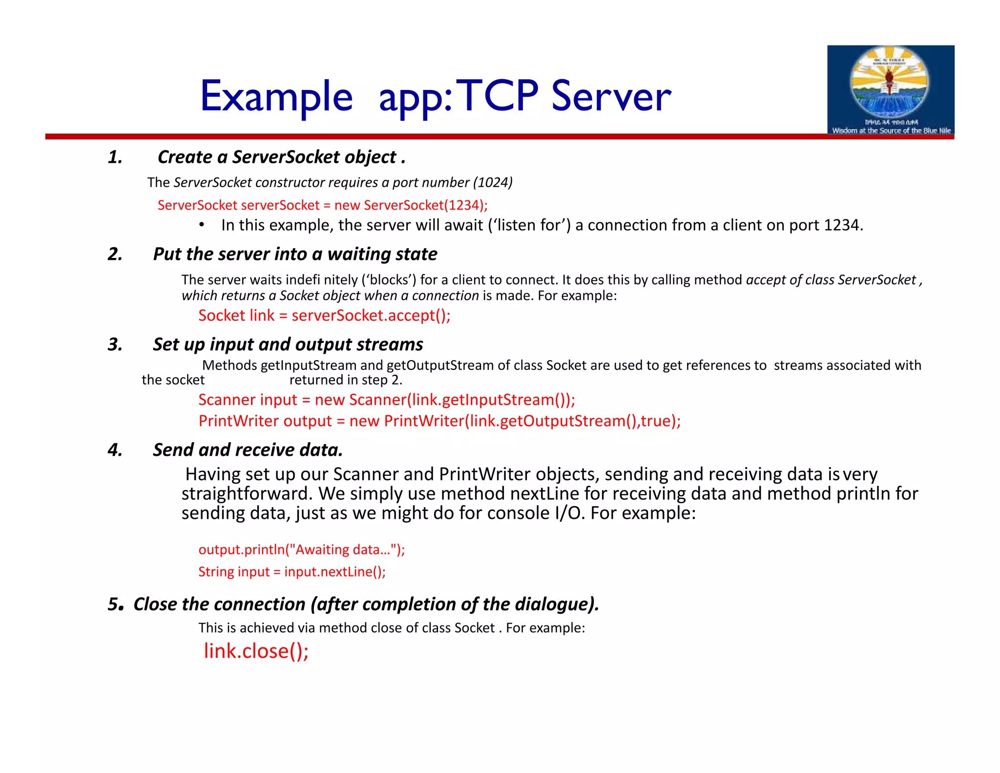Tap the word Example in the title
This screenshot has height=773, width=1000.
[276, 96]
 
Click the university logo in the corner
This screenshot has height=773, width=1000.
[890, 90]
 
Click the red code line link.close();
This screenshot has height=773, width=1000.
[256, 651]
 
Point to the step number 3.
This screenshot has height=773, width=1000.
[115, 344]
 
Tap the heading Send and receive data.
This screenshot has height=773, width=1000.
[248, 450]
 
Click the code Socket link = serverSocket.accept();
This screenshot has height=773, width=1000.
[324, 316]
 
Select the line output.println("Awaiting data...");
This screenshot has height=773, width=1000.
[301, 550]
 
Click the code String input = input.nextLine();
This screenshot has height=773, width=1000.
[292, 572]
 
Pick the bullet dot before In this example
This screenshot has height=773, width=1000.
[201, 225]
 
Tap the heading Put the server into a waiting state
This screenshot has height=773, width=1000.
[295, 254]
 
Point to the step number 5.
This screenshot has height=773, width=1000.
[115, 604]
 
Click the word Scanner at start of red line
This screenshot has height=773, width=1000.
[223, 400]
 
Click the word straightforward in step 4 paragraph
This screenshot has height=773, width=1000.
[247, 494]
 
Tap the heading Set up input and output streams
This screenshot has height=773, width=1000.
[288, 344]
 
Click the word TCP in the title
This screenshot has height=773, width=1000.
[497, 96]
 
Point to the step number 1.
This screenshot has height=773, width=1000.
[115, 157]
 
